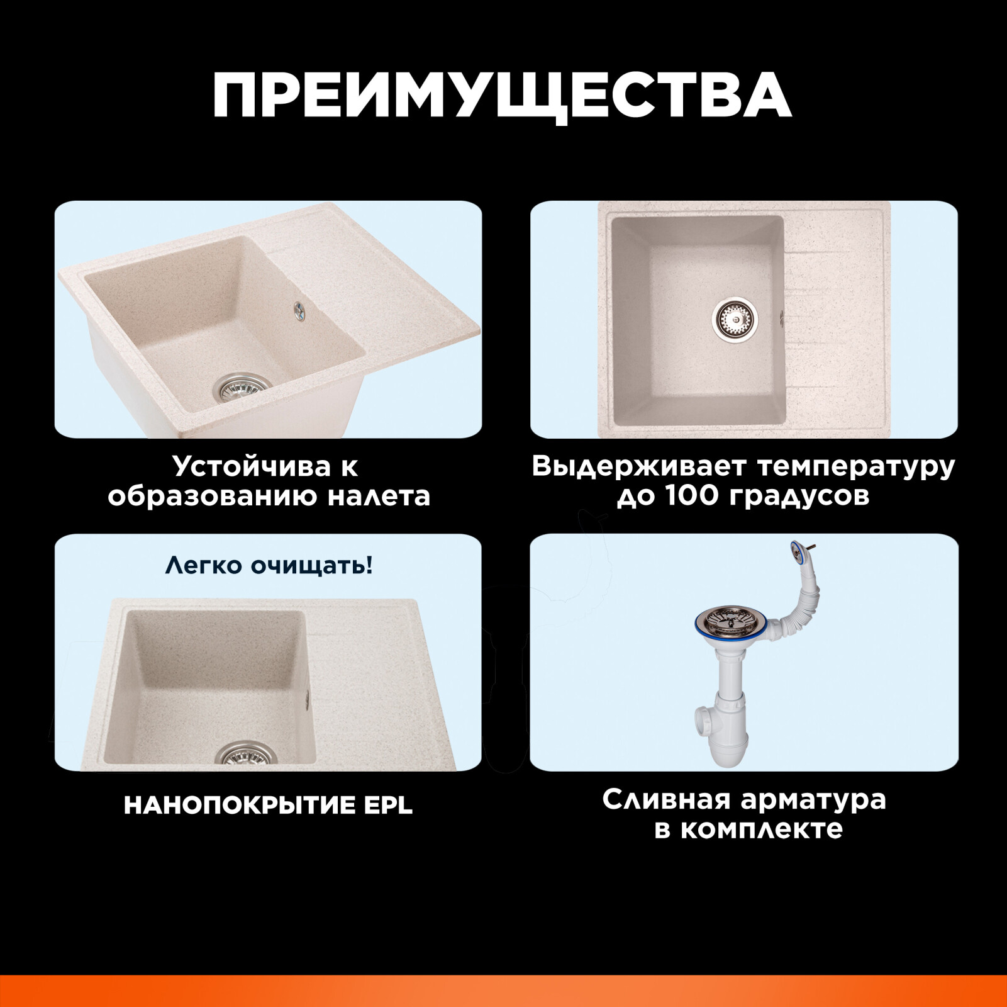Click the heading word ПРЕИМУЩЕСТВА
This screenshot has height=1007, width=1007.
[x=502, y=96]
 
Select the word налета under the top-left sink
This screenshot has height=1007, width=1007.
[x=379, y=497]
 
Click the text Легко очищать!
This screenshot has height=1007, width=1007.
[x=269, y=565]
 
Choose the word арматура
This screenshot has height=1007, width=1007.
[x=813, y=801]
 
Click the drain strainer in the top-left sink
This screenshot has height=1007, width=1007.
[x=242, y=386]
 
